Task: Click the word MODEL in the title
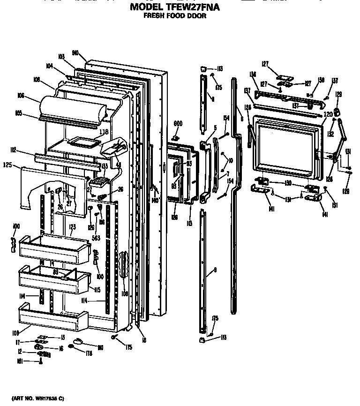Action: point(146,7)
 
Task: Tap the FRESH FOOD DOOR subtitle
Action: point(174,15)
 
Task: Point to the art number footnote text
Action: point(37,398)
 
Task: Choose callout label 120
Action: point(328,114)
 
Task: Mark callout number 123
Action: point(72,226)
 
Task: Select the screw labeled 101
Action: point(41,361)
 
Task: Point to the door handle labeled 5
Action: point(204,169)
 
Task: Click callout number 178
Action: point(89,353)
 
